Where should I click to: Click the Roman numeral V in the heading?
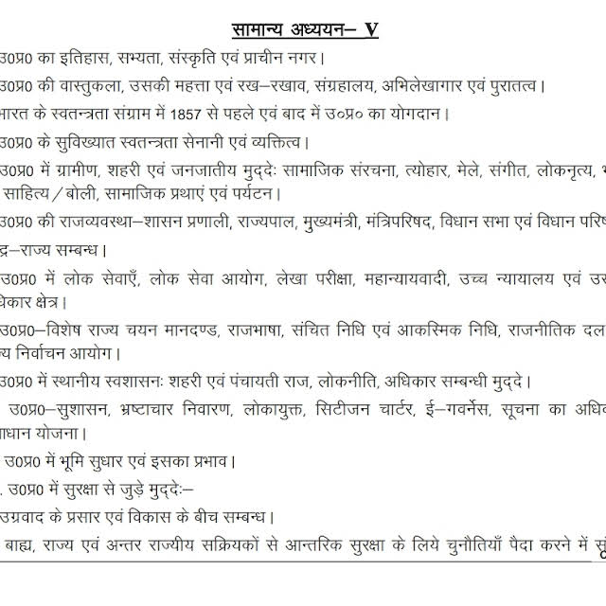click(x=371, y=28)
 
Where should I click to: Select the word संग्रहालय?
click(x=337, y=86)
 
